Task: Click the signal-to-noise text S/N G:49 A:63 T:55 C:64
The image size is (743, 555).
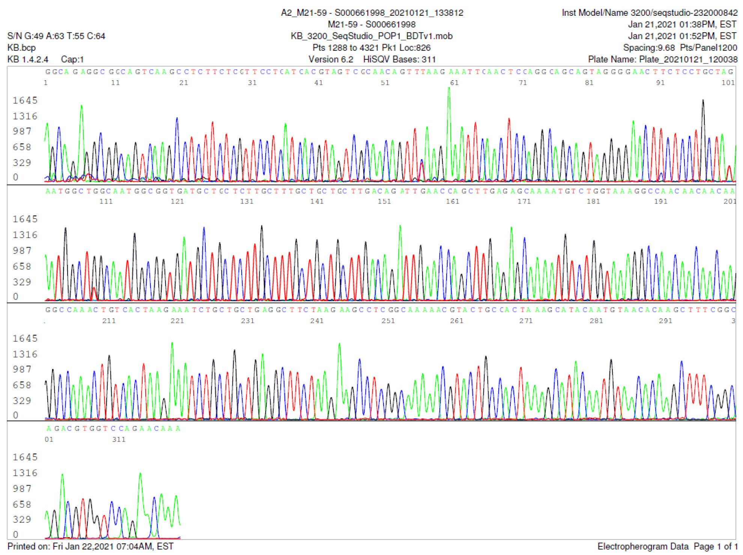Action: pos(56,36)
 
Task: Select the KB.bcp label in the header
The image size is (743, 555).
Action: pos(21,48)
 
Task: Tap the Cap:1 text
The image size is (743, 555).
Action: pos(72,59)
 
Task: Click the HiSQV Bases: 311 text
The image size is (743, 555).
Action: pos(399,59)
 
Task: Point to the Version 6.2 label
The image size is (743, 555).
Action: pos(331,59)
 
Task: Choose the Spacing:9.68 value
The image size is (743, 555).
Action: pos(649,48)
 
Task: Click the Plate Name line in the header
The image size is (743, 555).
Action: pos(662,59)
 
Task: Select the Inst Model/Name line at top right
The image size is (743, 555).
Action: pos(649,13)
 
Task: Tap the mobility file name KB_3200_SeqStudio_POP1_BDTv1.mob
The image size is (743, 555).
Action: pos(371,36)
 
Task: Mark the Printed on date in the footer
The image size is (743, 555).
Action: pos(90,546)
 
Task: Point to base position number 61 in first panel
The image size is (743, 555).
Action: pos(454,83)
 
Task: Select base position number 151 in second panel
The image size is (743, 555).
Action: pos(384,202)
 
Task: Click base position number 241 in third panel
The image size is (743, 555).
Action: pos(317,321)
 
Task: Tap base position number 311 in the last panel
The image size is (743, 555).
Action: pos(119,439)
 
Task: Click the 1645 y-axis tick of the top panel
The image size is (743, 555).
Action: pos(25,100)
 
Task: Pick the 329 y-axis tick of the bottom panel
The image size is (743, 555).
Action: pos(22,519)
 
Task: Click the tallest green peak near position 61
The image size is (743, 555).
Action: pos(449,90)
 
